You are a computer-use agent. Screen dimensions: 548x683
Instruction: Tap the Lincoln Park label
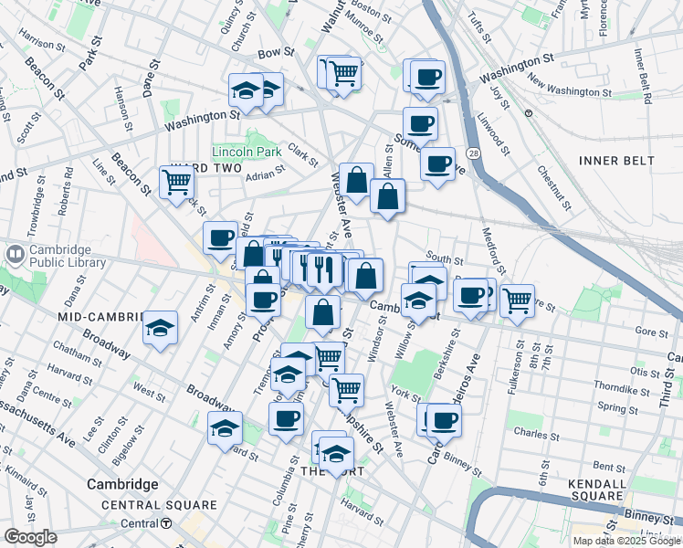point(247,151)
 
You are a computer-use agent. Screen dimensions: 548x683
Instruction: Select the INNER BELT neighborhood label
point(616,161)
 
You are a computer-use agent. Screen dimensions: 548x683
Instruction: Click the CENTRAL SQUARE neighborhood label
point(159,505)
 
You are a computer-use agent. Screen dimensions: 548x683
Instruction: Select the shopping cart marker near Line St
point(176,181)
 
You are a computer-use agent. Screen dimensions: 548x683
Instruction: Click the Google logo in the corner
point(30,537)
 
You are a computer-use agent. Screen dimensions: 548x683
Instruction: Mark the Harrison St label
point(38,42)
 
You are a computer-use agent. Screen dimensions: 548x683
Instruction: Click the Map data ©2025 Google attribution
point(625,541)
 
